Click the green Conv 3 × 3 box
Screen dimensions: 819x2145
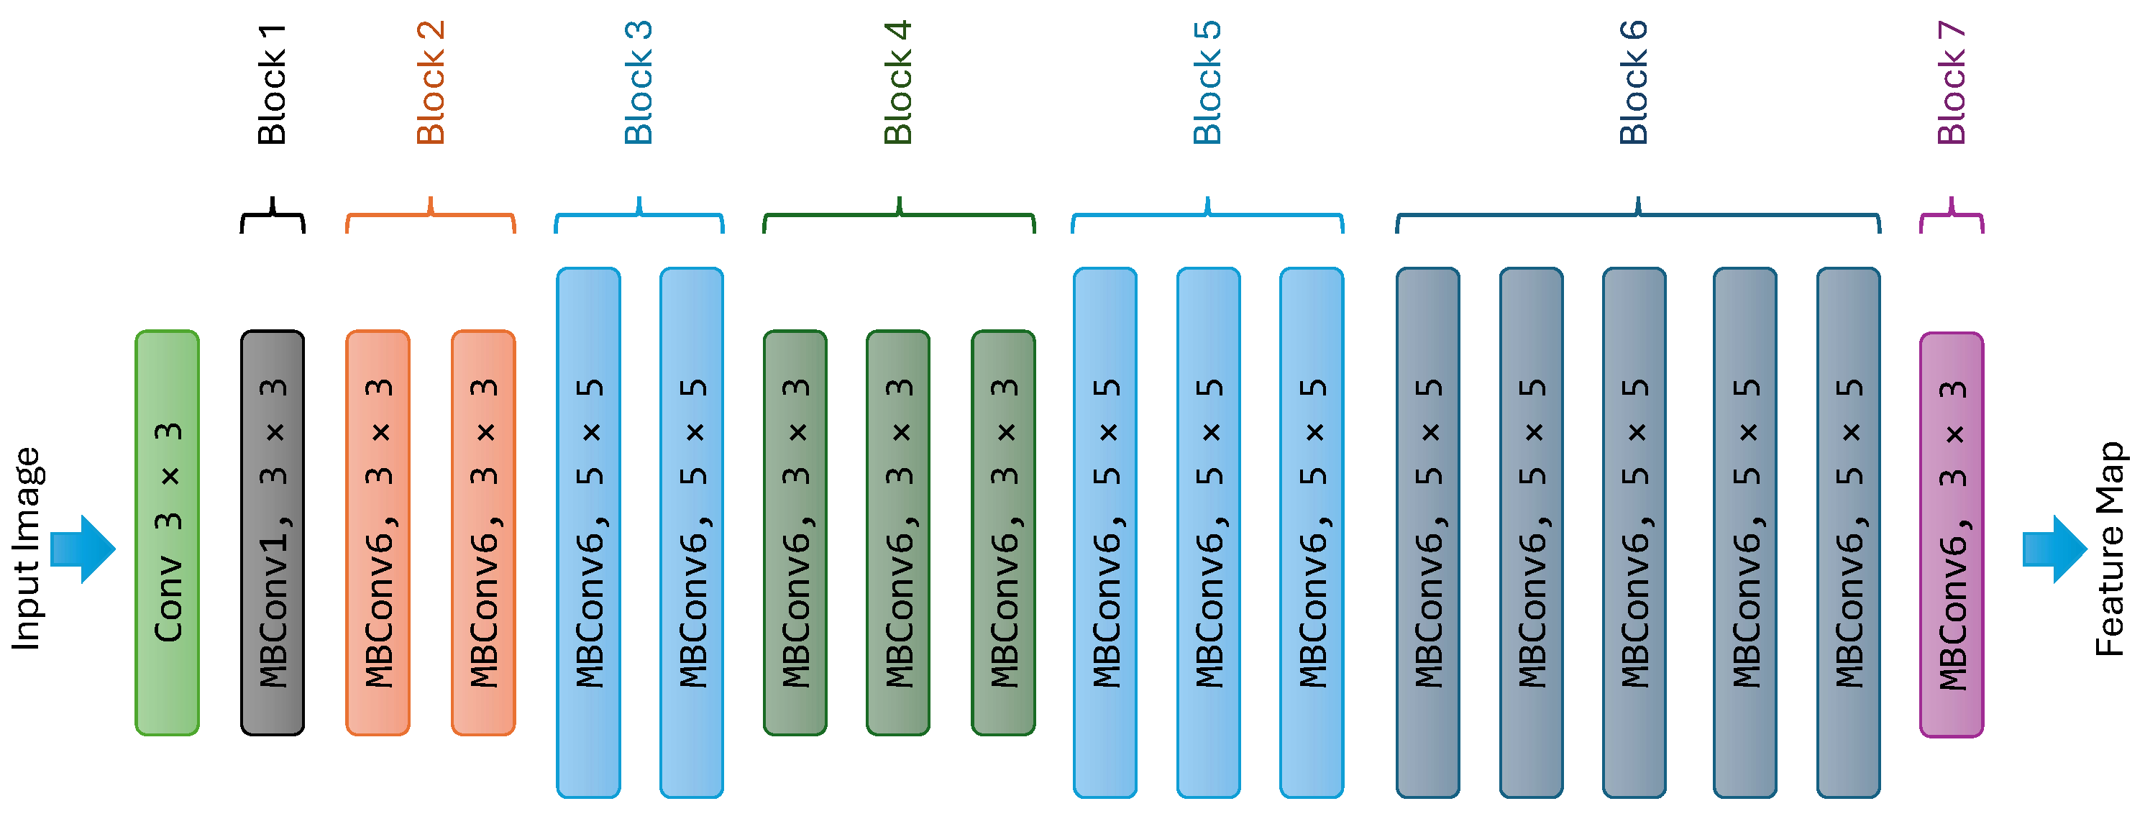click(167, 533)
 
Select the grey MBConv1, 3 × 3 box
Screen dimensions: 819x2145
click(273, 533)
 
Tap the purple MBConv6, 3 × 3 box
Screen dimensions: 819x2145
click(1951, 534)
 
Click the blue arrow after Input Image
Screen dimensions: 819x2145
click(83, 549)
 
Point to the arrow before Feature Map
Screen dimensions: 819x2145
click(2054, 549)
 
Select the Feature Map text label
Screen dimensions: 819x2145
click(2111, 549)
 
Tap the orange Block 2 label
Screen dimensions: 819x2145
click(431, 83)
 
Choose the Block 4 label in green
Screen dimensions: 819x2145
click(897, 83)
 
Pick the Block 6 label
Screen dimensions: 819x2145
click(1633, 83)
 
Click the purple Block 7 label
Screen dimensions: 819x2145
click(1951, 83)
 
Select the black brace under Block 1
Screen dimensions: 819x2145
click(273, 216)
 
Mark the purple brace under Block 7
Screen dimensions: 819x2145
click(1951, 216)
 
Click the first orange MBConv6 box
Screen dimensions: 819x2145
click(378, 533)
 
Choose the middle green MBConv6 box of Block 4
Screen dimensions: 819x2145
click(897, 533)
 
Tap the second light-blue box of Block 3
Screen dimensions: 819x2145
click(691, 533)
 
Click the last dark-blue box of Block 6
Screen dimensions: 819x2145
click(1848, 533)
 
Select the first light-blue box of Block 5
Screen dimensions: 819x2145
click(1105, 533)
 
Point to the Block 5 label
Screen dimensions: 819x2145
click(1207, 83)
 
